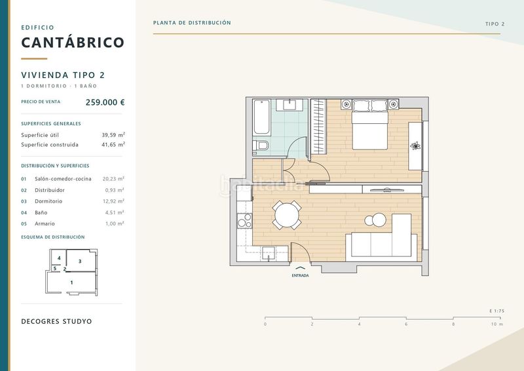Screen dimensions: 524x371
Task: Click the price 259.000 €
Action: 105,102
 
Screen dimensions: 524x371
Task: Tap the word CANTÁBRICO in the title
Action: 73,42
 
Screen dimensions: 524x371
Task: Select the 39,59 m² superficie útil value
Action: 113,135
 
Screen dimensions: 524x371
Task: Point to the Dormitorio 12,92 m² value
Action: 113,201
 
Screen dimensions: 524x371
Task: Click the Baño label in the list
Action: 41,212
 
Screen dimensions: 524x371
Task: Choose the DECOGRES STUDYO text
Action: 56,321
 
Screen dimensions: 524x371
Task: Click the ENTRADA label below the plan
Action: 300,276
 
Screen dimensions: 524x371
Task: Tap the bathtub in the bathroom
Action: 261,117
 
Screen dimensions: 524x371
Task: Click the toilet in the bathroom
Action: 261,146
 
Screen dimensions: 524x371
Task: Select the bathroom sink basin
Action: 290,104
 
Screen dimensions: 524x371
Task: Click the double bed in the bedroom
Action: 369,125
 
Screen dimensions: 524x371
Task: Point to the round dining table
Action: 287,215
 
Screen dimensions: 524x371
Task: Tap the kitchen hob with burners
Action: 244,221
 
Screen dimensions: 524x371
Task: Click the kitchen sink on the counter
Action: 269,253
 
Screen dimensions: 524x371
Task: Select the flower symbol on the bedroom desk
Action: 415,146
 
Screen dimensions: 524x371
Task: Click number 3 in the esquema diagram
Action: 80,261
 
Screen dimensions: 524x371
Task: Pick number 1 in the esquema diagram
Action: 71,283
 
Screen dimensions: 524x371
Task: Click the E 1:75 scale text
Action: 497,311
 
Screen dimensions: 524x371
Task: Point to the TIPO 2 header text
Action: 495,24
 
